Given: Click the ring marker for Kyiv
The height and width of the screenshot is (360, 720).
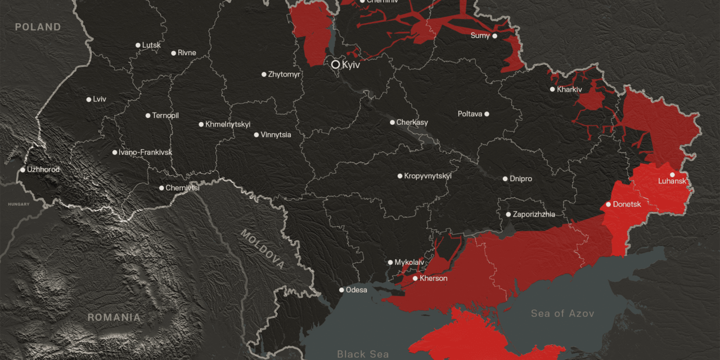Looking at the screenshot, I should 336,65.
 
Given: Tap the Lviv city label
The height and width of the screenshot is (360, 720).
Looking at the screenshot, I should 100,100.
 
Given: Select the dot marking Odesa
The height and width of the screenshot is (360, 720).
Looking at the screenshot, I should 341,290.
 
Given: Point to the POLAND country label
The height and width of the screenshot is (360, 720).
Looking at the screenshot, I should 38,27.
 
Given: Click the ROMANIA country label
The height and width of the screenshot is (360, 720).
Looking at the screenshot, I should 114,318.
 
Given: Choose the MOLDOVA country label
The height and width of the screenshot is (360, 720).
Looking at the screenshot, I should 263,249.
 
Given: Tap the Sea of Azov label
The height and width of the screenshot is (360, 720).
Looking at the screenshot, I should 562,313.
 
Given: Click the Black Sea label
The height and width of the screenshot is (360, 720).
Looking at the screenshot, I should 363,354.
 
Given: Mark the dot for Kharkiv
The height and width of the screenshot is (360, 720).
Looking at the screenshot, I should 552,89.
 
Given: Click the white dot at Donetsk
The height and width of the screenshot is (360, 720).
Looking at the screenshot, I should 608,204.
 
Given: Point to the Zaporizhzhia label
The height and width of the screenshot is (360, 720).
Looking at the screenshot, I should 534,214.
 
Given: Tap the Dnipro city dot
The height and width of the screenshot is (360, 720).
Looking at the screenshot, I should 505,179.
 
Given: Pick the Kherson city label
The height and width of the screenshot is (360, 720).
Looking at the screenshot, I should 434,278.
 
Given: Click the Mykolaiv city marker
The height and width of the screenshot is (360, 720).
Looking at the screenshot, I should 390,262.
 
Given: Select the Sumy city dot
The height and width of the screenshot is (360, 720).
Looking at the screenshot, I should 495,36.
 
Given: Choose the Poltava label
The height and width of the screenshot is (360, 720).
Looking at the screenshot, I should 470,114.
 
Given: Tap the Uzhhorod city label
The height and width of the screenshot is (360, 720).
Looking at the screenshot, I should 43,169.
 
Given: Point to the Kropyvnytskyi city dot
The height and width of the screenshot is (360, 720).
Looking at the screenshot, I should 400,176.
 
